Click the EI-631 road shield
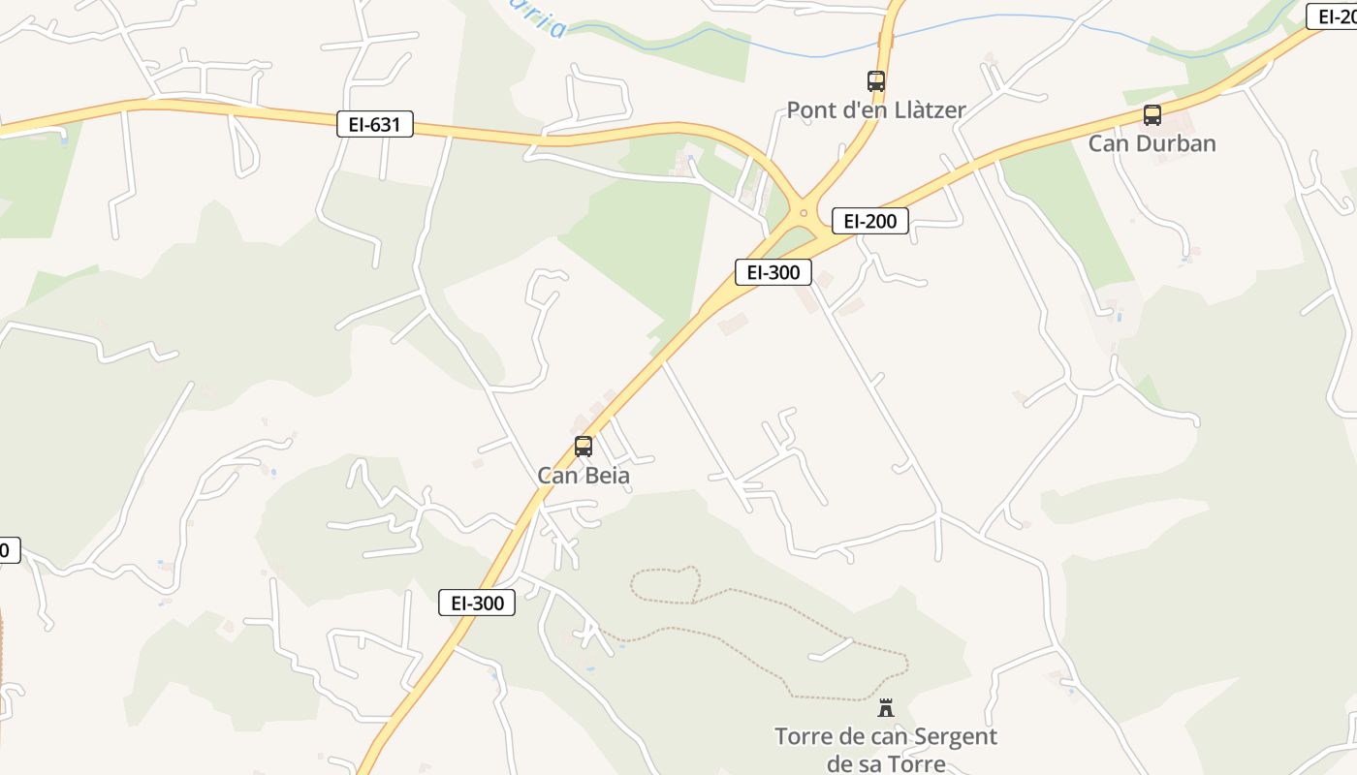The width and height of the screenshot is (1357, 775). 375,124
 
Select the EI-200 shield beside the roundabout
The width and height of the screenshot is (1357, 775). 869,221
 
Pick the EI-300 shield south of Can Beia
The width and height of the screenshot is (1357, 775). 477,603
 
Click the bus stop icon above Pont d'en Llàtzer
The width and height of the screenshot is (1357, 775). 876,81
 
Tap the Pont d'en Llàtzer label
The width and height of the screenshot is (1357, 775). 875,109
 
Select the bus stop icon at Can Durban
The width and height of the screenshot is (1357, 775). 1152,115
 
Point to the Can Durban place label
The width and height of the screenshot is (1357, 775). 1152,143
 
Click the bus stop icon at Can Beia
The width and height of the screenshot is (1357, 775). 584,447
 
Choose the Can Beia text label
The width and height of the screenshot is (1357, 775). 584,476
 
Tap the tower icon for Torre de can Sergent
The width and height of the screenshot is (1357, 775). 886,708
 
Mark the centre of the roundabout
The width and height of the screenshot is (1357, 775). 803,212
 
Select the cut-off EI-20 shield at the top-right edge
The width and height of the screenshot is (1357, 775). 1334,15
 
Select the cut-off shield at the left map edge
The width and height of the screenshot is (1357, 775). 8,550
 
